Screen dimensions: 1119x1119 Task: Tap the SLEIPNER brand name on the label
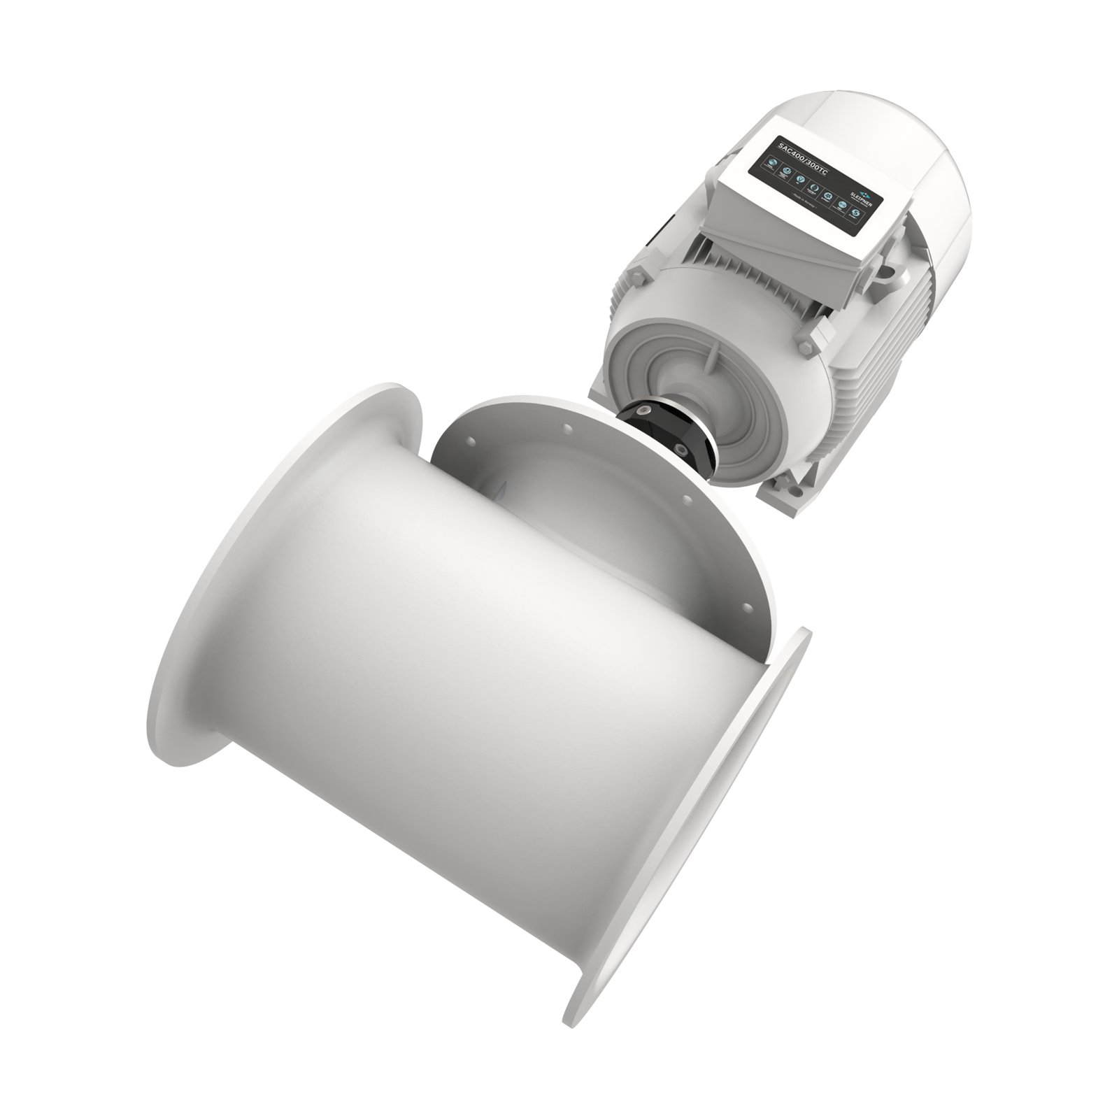(867, 200)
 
